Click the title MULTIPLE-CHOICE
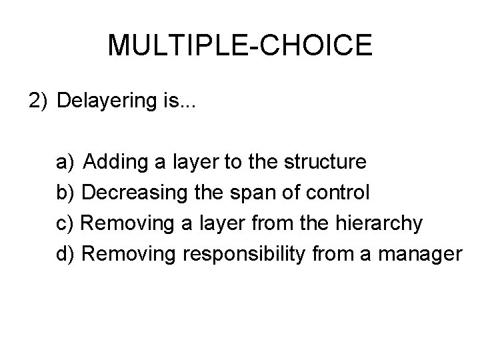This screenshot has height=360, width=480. (x=239, y=45)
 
